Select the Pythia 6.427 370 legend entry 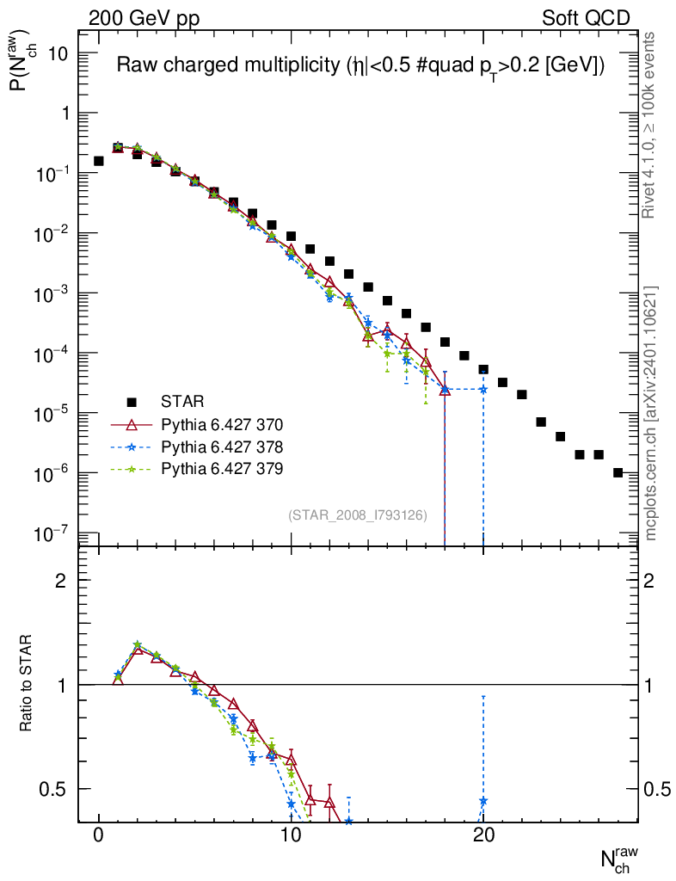(222, 424)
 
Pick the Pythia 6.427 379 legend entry (222, 469)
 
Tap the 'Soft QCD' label (586, 17)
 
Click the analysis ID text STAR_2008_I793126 (357, 515)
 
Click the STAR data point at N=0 (99, 161)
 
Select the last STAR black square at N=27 (618, 472)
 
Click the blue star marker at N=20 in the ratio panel (483, 801)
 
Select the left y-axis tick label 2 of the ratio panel (61, 581)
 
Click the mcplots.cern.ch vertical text (651, 413)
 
